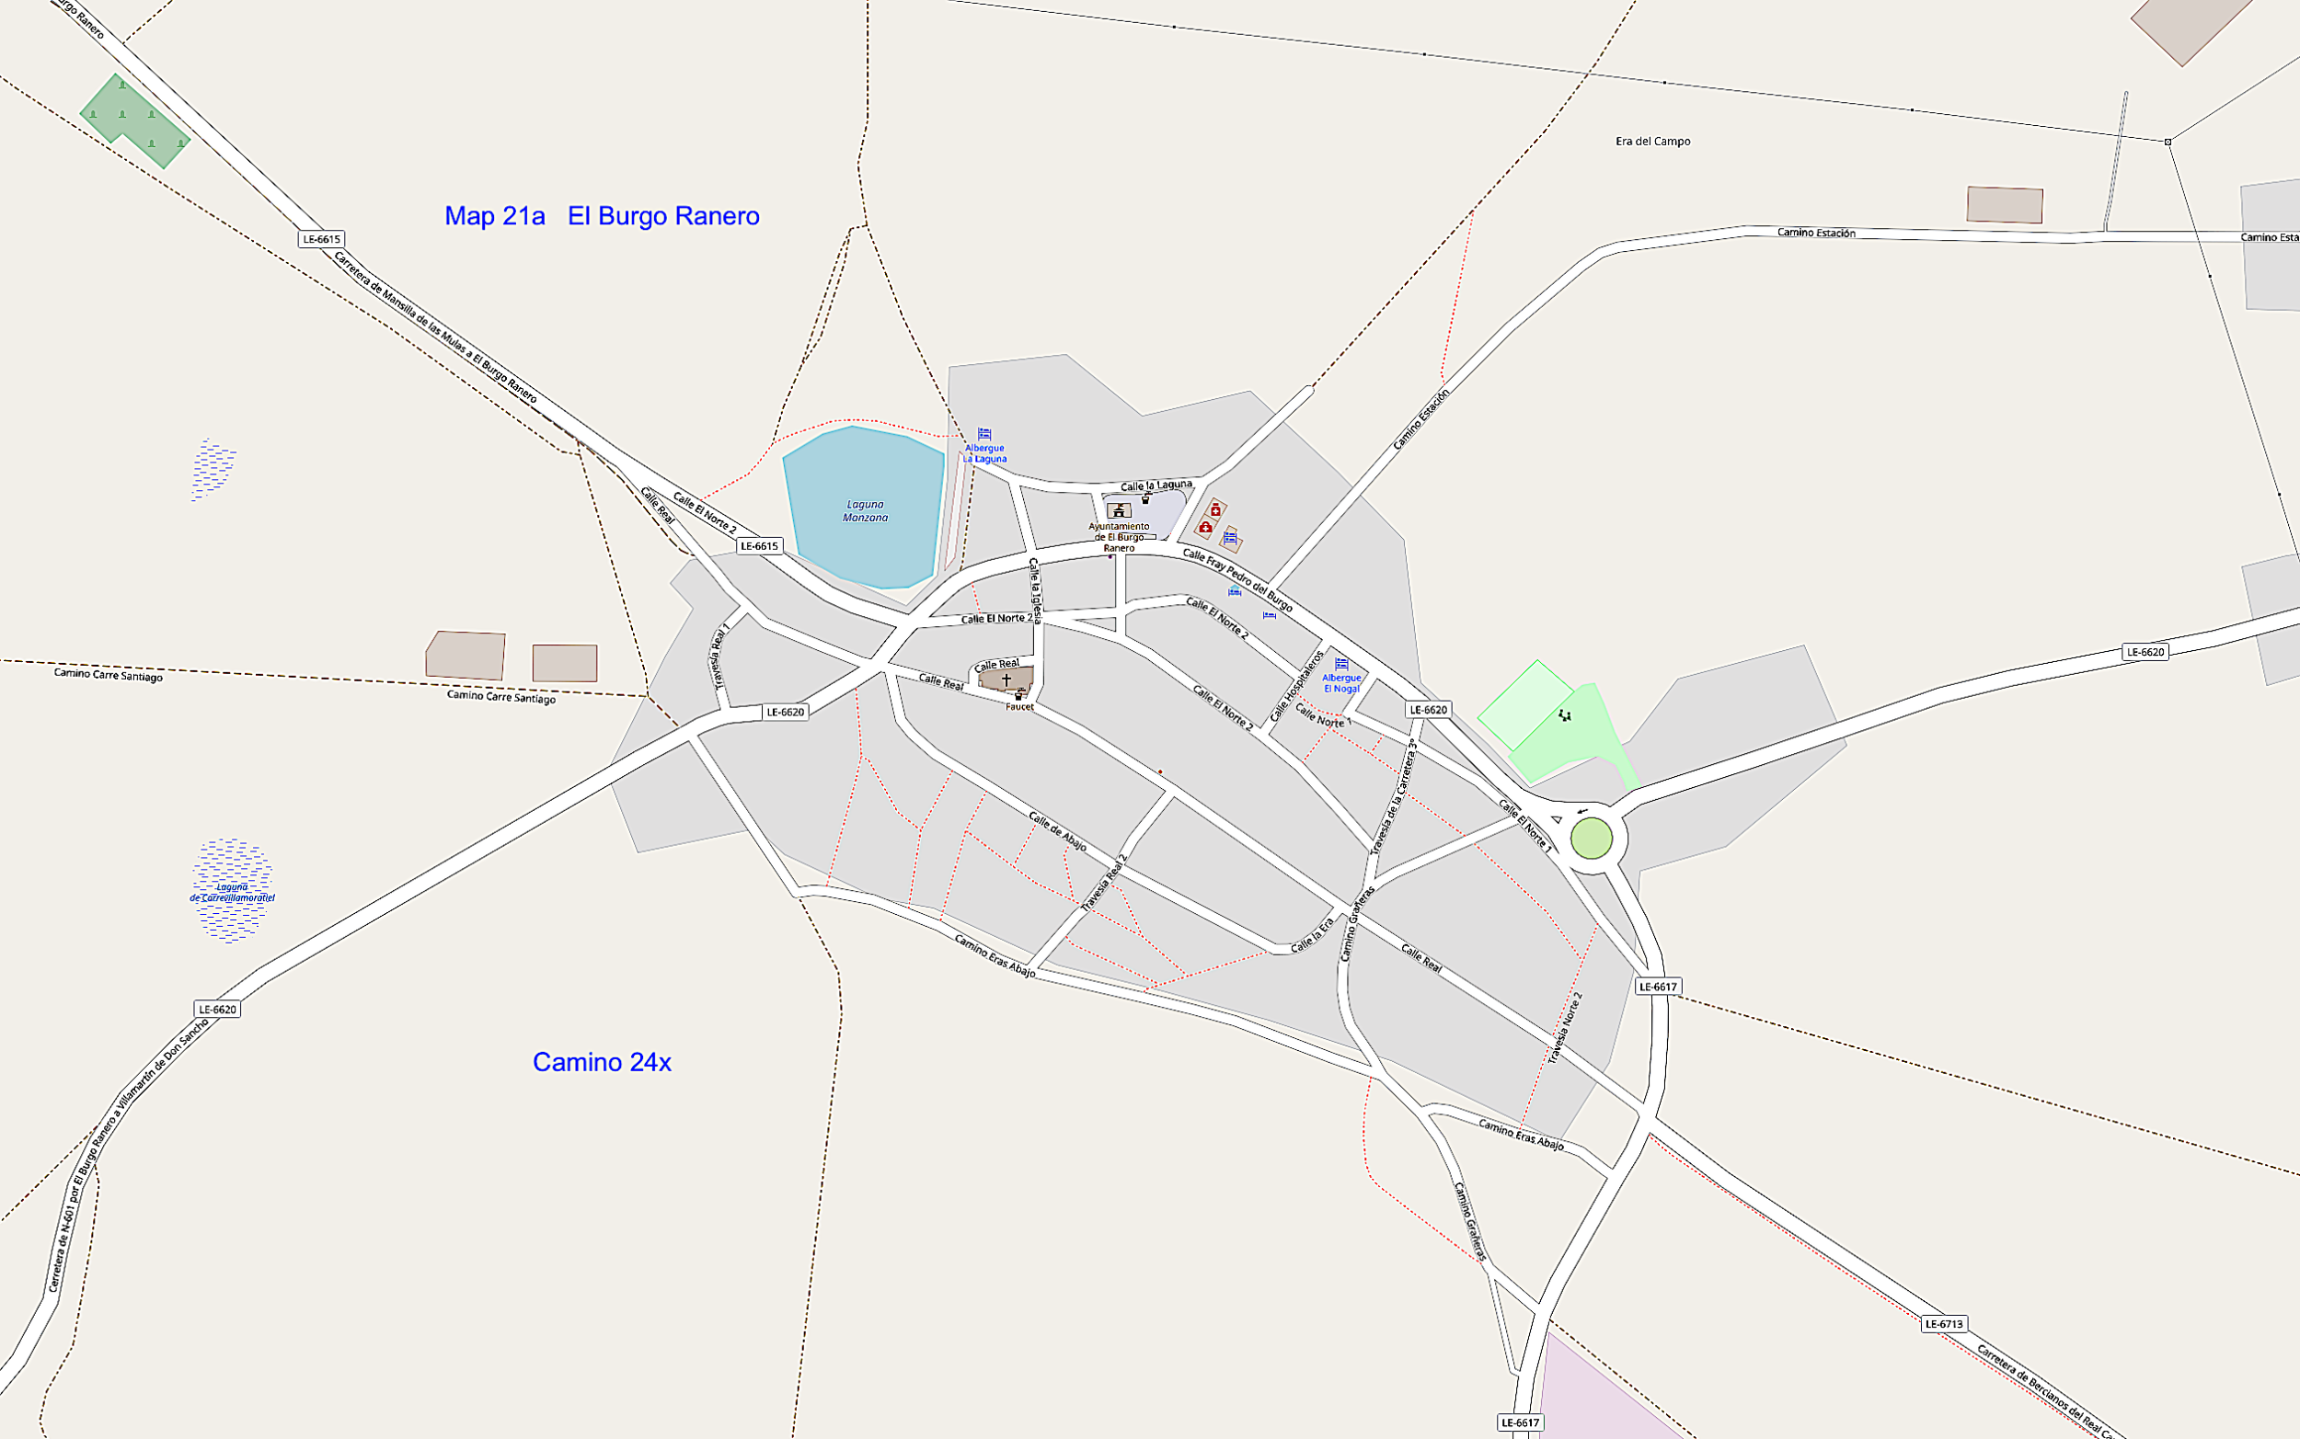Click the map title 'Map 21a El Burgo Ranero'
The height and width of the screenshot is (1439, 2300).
coord(602,216)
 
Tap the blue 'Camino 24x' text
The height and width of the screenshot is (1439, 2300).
coord(602,1062)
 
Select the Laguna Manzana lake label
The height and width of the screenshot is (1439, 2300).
coord(865,511)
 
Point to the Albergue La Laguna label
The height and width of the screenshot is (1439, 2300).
coord(984,453)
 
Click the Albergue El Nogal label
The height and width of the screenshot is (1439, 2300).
coord(1341,682)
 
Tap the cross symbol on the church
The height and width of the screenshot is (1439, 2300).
coord(1006,680)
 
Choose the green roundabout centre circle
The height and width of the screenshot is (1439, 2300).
coord(1591,839)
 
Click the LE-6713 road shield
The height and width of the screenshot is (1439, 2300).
coord(1943,1324)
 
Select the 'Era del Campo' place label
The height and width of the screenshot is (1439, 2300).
coord(1652,142)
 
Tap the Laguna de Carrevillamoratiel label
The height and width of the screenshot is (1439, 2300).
coord(232,893)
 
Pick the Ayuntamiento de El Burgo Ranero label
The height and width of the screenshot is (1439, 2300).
coord(1119,537)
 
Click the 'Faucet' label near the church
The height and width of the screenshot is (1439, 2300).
coord(1018,707)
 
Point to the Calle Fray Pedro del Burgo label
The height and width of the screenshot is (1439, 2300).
coord(1237,579)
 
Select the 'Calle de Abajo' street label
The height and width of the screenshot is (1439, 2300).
coord(1057,831)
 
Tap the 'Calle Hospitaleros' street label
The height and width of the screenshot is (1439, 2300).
coord(1296,685)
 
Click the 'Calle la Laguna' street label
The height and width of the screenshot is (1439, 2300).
coord(1156,485)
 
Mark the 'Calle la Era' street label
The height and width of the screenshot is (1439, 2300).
coord(1312,935)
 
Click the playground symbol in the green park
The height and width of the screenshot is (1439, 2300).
coord(1564,715)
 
